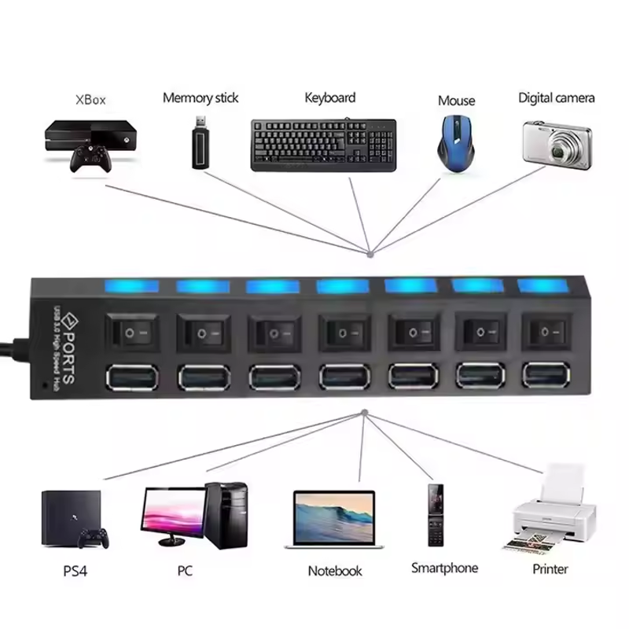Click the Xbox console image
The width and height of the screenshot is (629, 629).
(x=90, y=146)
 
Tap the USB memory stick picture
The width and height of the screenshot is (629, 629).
(x=201, y=142)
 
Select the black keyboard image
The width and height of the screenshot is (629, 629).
(x=324, y=145)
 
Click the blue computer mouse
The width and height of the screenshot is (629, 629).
(x=456, y=143)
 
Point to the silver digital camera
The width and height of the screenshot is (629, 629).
(x=557, y=145)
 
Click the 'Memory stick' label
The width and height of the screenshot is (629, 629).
(x=200, y=97)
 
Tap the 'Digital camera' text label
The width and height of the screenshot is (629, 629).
(x=557, y=97)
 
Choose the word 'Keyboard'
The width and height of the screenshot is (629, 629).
(x=330, y=97)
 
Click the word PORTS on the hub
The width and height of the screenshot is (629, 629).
(x=69, y=358)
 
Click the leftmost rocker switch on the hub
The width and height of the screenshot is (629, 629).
(x=132, y=333)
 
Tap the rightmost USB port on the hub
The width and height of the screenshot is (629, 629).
(x=546, y=375)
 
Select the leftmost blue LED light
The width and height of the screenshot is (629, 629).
(x=131, y=286)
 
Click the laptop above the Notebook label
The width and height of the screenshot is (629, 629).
(x=333, y=520)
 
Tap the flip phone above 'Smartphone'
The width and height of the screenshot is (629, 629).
(x=436, y=515)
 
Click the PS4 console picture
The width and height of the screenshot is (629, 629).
(x=75, y=519)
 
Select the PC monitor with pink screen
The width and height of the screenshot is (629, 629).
(x=174, y=517)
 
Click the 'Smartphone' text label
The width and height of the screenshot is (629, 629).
(x=444, y=568)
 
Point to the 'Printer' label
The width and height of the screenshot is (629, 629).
(x=550, y=568)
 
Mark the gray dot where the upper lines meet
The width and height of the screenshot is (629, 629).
(x=370, y=254)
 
